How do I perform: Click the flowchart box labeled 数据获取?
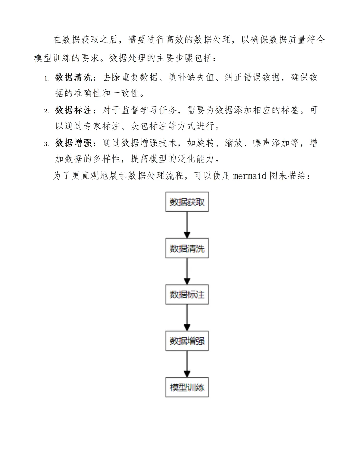click(187, 202)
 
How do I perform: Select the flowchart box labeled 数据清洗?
click(187, 248)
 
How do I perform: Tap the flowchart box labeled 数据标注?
click(187, 294)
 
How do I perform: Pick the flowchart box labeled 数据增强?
click(187, 341)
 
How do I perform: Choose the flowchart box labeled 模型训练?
click(187, 387)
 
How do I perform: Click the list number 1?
click(46, 79)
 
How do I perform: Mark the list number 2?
click(46, 111)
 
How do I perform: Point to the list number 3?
click(46, 144)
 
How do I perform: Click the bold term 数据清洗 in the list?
click(74, 77)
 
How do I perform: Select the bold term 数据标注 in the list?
click(74, 110)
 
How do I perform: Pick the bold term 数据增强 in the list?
click(74, 143)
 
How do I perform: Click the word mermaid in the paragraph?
click(250, 176)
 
